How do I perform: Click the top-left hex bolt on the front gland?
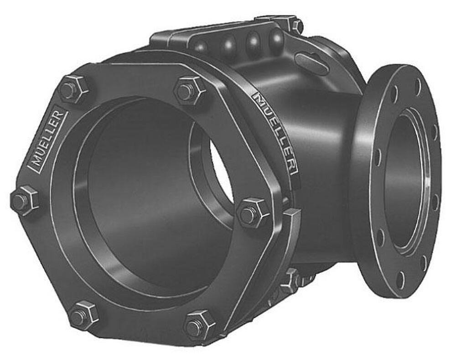pyautogui.click(x=74, y=89)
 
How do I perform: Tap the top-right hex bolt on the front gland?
pyautogui.click(x=190, y=90)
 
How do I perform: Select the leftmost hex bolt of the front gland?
pyautogui.click(x=25, y=200)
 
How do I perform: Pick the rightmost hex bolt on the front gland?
pyautogui.click(x=253, y=213)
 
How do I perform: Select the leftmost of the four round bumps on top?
pyautogui.click(x=201, y=45)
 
